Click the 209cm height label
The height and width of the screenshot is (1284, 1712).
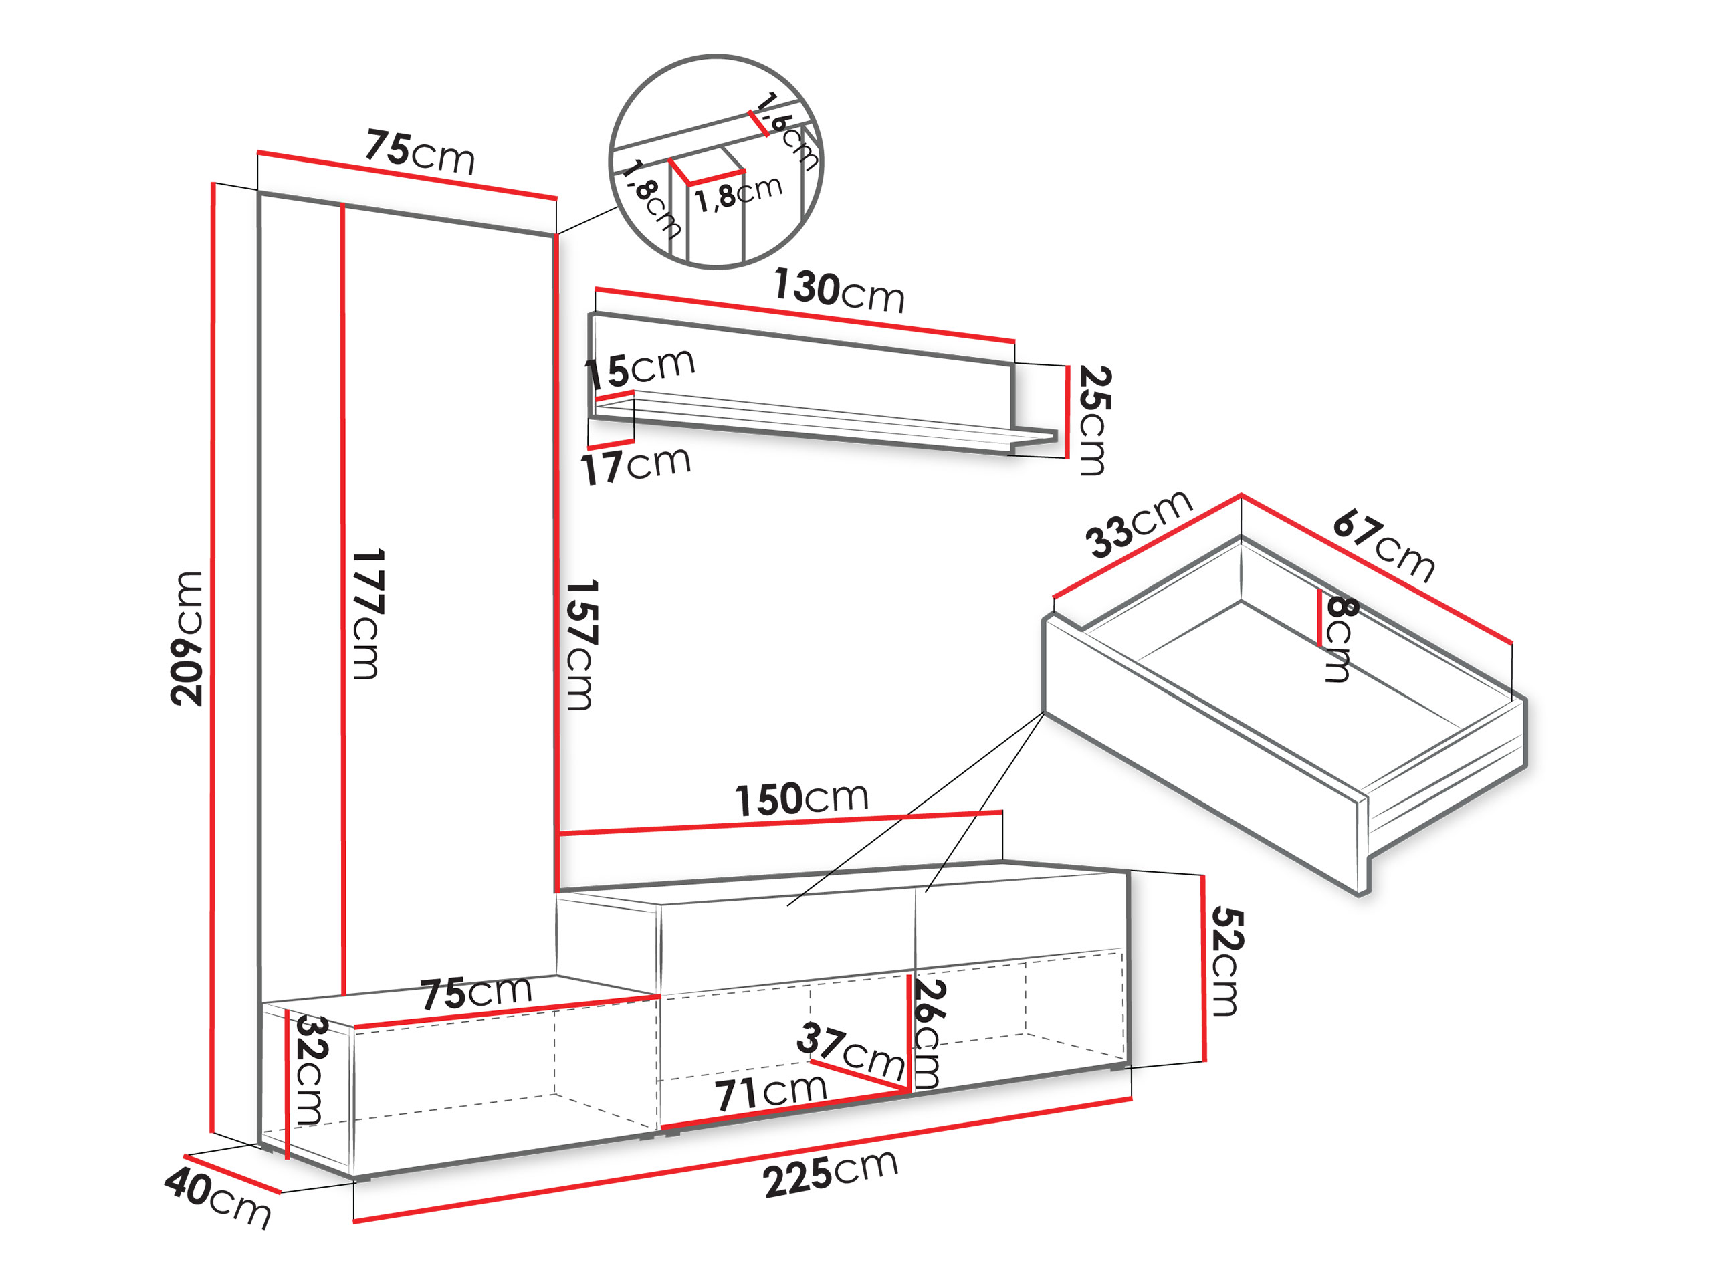[x=187, y=639]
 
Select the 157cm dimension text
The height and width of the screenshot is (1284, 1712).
[x=580, y=645]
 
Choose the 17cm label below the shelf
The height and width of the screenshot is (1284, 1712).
[x=635, y=465]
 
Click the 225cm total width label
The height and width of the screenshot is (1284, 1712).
[x=831, y=1174]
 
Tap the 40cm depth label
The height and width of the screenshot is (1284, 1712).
[x=218, y=1198]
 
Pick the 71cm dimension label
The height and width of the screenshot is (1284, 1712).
[x=771, y=1092]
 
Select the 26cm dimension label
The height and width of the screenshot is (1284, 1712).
[x=929, y=1034]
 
